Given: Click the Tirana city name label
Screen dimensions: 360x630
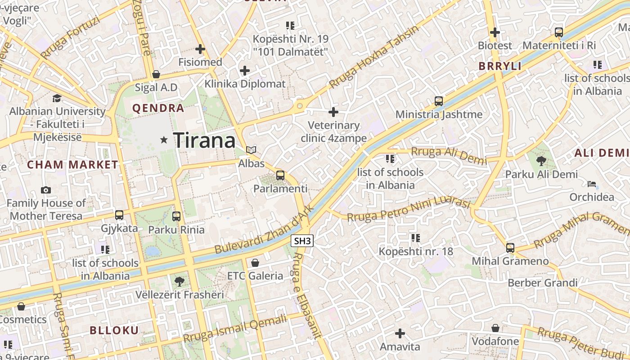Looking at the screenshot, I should (x=204, y=140).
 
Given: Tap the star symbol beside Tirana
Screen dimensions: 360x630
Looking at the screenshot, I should (x=164, y=140).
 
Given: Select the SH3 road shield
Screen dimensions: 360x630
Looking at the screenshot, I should (x=302, y=241).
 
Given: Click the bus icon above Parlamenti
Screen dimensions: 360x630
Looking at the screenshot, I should (x=280, y=175).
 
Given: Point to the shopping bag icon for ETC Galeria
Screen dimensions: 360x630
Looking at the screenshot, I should (x=255, y=263).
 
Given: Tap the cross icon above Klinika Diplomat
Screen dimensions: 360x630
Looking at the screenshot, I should (x=245, y=71).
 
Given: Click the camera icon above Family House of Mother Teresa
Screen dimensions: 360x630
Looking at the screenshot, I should (x=45, y=190).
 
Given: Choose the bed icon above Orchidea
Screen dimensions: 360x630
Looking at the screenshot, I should (x=592, y=184).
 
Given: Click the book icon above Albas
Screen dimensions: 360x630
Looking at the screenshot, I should (x=251, y=150).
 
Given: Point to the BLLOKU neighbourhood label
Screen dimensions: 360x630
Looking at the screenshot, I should (x=114, y=330).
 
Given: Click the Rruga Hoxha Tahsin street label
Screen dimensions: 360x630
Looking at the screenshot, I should (x=373, y=57).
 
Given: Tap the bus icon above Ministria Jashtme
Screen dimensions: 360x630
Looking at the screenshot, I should (x=439, y=101).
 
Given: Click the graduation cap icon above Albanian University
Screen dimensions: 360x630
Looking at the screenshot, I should (x=57, y=98).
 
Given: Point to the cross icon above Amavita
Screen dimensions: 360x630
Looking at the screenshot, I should (x=400, y=333).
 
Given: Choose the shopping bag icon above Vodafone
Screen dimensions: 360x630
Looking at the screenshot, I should (x=495, y=328).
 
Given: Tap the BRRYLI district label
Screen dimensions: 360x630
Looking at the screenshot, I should (x=500, y=66).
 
